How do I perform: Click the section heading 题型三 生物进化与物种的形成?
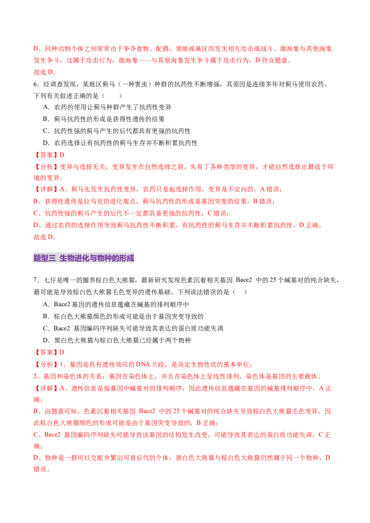tap(84, 258)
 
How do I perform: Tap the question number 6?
tap(36, 85)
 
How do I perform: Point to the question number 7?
tap(36, 280)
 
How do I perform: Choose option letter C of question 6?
tap(46, 131)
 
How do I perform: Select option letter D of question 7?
tap(46, 340)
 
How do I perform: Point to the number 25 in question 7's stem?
tap(273, 280)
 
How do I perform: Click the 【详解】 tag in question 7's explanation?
tap(46, 388)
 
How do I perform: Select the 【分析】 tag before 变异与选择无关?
tap(46, 167)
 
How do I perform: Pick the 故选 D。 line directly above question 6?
tap(45, 72)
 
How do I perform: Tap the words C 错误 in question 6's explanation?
tap(217, 213)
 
